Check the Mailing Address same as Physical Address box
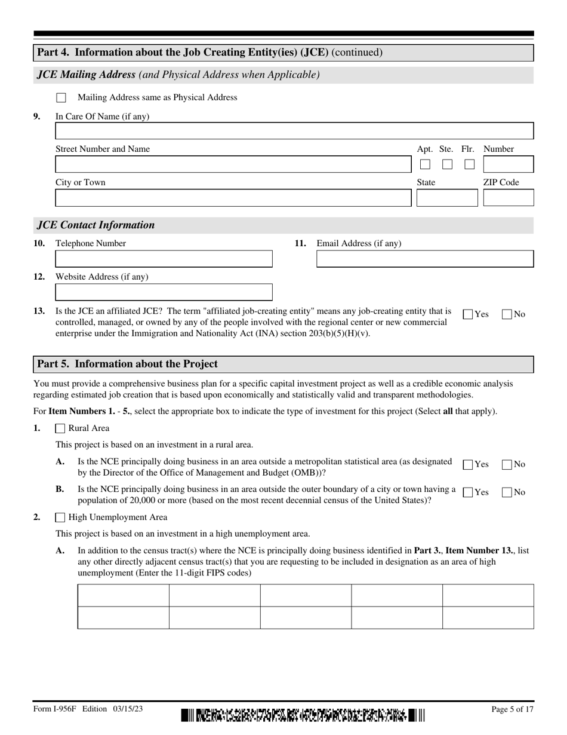[x=61, y=97]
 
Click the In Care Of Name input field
[x=294, y=131]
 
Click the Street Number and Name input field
[x=233, y=164]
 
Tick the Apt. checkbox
[x=425, y=164]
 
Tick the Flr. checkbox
[x=470, y=164]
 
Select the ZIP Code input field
[x=508, y=198]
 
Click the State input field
[x=446, y=198]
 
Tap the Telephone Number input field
[x=164, y=259]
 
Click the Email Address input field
[x=424, y=259]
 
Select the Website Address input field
[x=164, y=292]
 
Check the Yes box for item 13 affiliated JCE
[x=469, y=314]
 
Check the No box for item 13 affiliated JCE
[x=507, y=314]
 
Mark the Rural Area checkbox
[x=60, y=428]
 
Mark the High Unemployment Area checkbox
[x=60, y=517]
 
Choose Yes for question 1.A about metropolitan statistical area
[x=469, y=464]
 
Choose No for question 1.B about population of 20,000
[x=507, y=492]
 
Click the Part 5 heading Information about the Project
[x=128, y=364]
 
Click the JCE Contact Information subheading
[x=95, y=225]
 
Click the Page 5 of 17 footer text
[x=511, y=709]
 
